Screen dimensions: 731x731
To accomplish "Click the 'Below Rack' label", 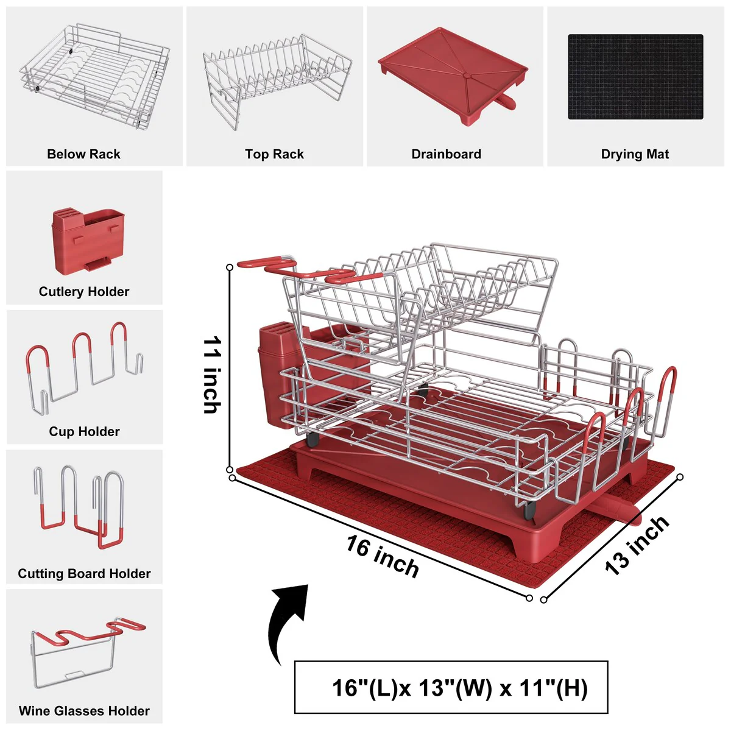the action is (83, 154).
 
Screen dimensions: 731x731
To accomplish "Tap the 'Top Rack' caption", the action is (274, 154).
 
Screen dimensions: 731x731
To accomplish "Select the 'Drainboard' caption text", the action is (446, 154).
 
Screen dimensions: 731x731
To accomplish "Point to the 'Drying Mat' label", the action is (635, 154).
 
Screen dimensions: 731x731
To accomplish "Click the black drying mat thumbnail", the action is (635, 77).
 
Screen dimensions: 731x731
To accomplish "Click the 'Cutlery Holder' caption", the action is (84, 291).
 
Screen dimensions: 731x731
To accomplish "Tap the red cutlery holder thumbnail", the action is (88, 240).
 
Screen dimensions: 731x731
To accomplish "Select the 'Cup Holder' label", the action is (84, 431).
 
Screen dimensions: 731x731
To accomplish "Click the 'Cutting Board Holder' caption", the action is (84, 573).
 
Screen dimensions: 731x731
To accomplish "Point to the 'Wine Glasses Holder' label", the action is (84, 710).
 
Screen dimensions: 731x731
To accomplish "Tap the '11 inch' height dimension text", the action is (212, 375).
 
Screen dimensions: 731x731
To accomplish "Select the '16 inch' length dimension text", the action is (383, 557).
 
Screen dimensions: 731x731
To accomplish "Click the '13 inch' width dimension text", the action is (637, 546).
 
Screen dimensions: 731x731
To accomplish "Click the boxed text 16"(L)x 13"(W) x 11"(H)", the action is (460, 688).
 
